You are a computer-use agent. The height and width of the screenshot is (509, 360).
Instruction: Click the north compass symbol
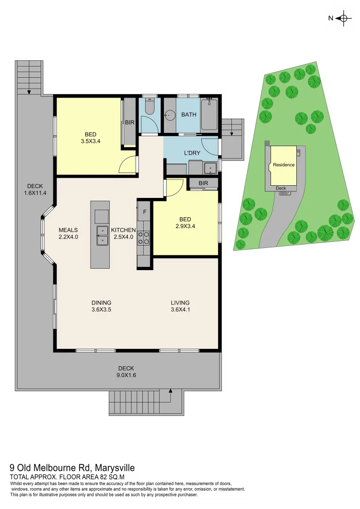point(344,18)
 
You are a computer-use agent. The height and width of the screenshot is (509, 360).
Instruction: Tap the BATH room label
point(188,115)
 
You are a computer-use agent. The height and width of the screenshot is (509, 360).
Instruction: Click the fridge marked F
point(145,212)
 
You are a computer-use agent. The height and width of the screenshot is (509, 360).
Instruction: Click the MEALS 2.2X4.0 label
point(68,233)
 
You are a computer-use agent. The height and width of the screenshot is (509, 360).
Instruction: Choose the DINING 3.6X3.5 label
point(101,306)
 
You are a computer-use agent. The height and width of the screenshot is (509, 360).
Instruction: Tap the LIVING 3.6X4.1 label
point(180,306)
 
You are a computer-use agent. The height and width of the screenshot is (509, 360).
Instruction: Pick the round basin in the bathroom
point(170,115)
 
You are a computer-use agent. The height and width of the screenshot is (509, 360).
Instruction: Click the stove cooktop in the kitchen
point(143,238)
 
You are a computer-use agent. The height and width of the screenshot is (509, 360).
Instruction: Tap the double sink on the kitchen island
point(102,235)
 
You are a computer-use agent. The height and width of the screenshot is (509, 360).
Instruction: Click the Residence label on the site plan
point(284,165)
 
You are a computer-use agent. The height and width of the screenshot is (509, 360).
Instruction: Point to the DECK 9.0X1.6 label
point(126,371)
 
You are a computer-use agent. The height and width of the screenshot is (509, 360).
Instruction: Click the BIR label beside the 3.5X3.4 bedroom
point(130,123)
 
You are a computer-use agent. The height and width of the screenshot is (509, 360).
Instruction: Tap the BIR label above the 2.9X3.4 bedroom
point(203,183)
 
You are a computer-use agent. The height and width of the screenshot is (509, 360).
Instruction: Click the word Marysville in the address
point(115,468)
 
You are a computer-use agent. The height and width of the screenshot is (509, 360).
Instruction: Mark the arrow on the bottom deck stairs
point(170,392)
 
